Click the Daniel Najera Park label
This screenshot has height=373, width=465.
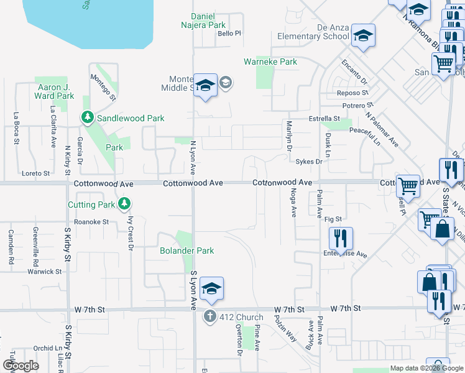(x=208, y=21)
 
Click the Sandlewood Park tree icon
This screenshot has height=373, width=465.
(x=88, y=117)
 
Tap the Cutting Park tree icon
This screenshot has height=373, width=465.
(x=125, y=204)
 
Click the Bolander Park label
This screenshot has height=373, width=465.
(x=186, y=251)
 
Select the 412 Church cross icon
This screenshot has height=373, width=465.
(x=211, y=317)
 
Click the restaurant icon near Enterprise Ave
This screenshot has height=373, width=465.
(x=340, y=237)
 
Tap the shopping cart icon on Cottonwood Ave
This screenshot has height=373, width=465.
(x=408, y=185)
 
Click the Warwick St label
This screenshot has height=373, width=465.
(x=44, y=271)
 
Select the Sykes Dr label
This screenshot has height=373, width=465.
(x=309, y=162)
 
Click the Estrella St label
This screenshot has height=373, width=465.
(x=325, y=118)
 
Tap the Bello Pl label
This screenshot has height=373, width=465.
(x=229, y=34)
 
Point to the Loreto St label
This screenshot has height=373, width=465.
(x=35, y=173)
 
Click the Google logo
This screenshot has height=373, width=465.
(x=20, y=366)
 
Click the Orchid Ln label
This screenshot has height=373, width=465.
(x=48, y=348)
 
